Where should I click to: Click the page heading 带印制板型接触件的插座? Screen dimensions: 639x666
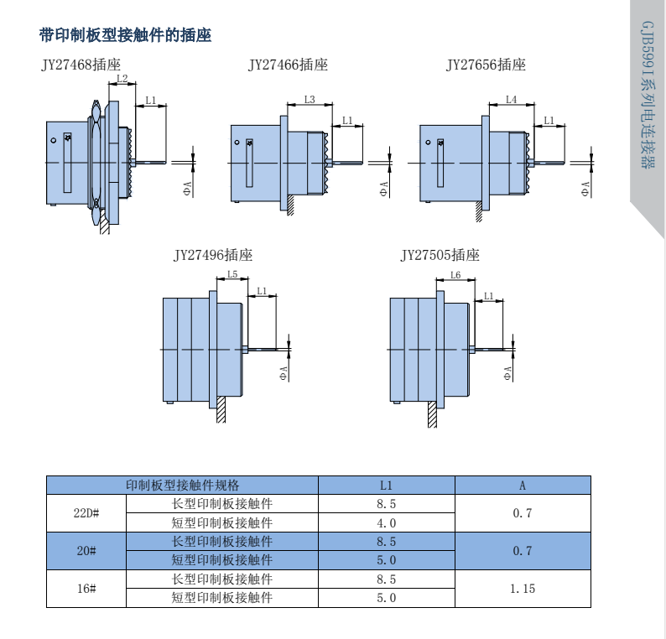[x=125, y=35]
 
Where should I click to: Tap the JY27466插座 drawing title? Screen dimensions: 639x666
[x=288, y=65]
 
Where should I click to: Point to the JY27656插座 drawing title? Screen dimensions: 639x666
[x=486, y=65]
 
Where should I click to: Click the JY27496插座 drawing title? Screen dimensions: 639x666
[x=213, y=255]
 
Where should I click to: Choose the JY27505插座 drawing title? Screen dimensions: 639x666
[x=440, y=255]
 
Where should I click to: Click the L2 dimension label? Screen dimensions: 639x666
[x=122, y=80]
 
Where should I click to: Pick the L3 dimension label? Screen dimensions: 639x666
[x=310, y=100]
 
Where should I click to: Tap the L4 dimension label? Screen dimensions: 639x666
[x=512, y=100]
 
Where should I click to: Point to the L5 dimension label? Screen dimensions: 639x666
[x=232, y=275]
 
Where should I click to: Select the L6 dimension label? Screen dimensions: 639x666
[x=455, y=275]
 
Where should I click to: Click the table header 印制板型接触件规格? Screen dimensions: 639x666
[x=182, y=485]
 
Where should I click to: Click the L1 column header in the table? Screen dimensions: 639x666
[x=386, y=485]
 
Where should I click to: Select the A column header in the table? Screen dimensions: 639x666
[x=523, y=485]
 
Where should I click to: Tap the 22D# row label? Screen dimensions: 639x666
[x=86, y=513]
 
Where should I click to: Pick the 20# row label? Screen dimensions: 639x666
[x=86, y=551]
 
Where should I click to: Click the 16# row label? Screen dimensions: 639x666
[x=86, y=589]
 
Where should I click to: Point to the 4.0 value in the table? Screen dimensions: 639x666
[x=386, y=522]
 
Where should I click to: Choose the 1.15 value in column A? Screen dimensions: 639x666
[x=523, y=589]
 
